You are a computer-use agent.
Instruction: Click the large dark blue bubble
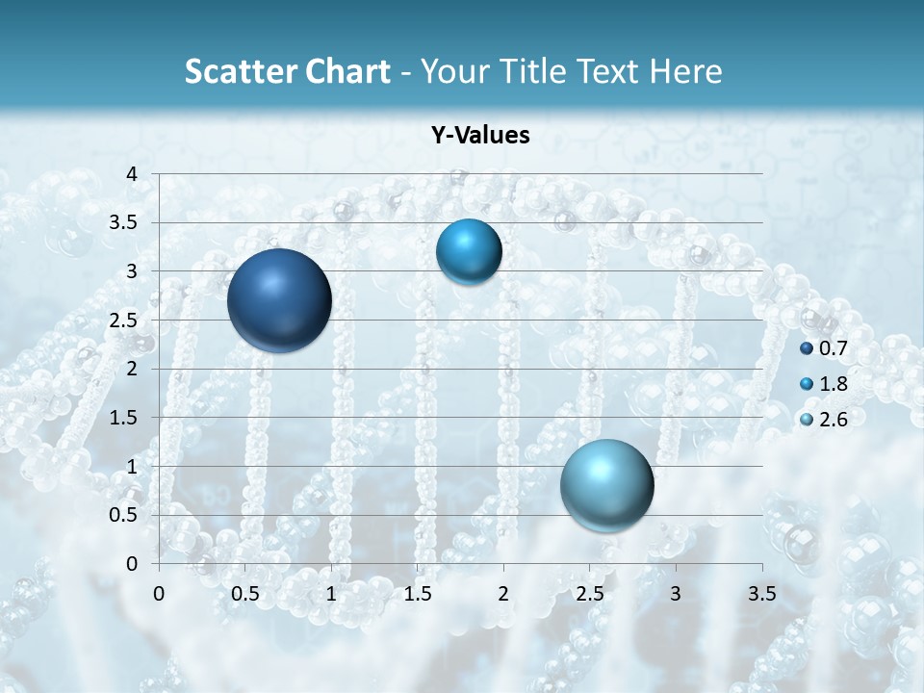point(279,300)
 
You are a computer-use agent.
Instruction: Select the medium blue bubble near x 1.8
point(469,252)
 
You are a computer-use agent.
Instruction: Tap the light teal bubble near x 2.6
point(606,485)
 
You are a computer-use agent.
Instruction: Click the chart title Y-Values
point(480,136)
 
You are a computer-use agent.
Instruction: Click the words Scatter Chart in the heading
point(287,71)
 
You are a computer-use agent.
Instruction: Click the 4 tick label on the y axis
point(132,174)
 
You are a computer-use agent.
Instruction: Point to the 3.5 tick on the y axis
point(125,223)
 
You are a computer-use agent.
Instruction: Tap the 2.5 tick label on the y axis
point(125,321)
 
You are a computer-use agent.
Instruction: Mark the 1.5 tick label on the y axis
point(125,418)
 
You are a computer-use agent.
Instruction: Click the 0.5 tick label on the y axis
point(125,515)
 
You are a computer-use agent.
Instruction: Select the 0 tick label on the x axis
point(160,593)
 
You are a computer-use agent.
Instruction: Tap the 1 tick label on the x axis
point(331,593)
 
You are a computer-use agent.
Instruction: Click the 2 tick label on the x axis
point(503,593)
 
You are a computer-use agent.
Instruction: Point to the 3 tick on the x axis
point(676,593)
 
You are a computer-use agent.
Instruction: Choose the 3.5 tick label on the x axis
point(761,593)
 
